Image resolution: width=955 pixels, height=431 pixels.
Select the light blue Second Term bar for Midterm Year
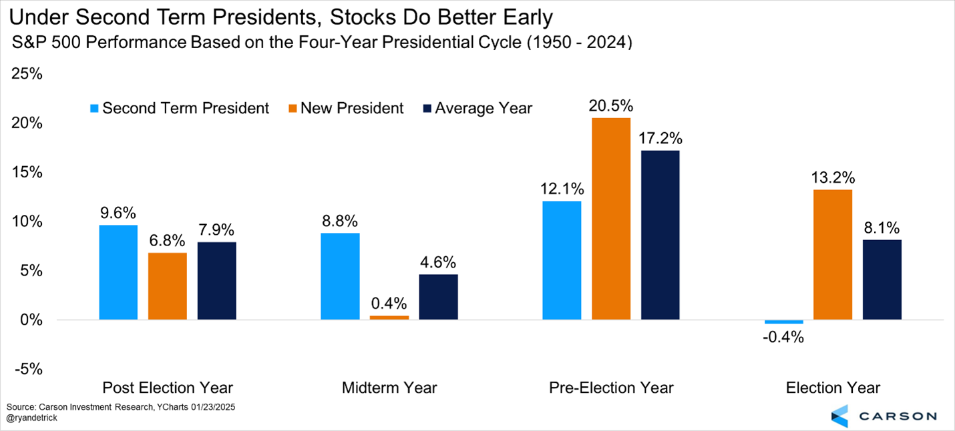tap(340, 276)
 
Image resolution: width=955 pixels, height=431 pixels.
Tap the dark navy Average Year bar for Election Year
tap(882, 280)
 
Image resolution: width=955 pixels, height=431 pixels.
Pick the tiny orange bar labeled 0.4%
tap(389, 318)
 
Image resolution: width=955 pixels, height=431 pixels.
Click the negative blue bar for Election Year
tap(783, 322)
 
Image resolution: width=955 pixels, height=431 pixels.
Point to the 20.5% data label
tap(610, 106)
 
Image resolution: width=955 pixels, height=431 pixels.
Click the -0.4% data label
tap(783, 337)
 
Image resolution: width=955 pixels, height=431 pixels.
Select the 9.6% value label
tap(118, 213)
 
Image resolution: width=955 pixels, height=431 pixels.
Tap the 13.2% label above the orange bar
tap(833, 178)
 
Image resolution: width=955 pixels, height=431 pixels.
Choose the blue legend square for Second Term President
tap(93, 108)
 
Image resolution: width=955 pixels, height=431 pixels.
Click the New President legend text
tap(352, 108)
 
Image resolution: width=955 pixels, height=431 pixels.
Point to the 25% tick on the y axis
tap(27, 74)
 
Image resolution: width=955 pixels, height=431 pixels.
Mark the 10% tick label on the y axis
tap(27, 222)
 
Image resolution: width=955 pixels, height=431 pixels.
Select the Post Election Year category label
tap(168, 388)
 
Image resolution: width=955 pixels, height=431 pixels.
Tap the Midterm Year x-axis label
tap(389, 388)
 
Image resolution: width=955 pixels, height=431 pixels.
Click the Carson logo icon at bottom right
tap(839, 415)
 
